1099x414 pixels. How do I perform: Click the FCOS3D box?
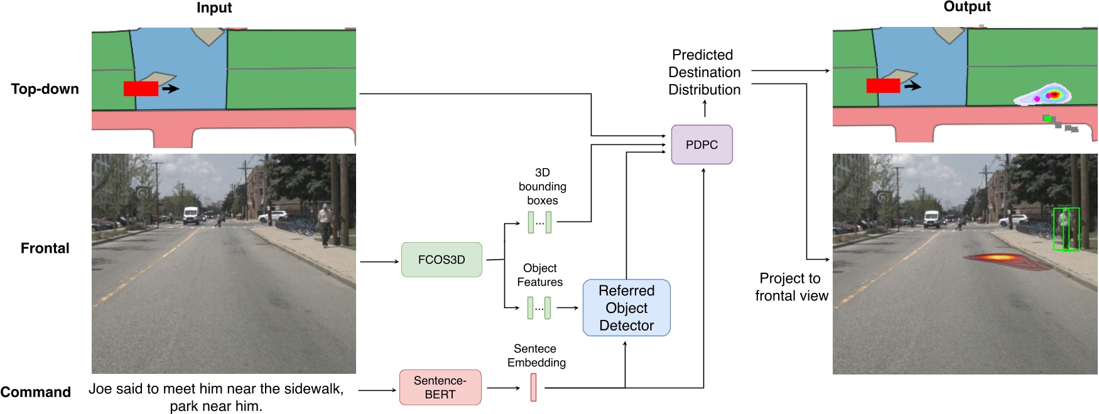click(x=441, y=260)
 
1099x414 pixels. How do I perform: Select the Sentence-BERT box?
click(x=440, y=387)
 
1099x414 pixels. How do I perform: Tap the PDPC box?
click(x=701, y=144)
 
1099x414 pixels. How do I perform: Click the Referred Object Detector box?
click(x=627, y=308)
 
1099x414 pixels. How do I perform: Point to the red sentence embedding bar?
click(x=533, y=387)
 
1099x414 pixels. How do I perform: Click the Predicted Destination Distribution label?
click(x=704, y=72)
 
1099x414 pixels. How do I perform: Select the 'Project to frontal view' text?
click(x=791, y=287)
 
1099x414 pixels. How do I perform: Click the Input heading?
click(x=214, y=8)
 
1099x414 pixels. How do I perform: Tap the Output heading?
click(x=967, y=7)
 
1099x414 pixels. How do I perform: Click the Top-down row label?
click(x=45, y=89)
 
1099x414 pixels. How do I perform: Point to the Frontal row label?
click(x=45, y=248)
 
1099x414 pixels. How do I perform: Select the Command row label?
click(x=36, y=392)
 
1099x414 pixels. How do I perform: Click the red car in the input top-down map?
click(x=141, y=88)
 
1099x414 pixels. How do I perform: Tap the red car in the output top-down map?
click(x=883, y=85)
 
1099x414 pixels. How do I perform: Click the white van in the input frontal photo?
click(x=192, y=215)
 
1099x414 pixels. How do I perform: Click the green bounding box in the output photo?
click(x=1066, y=230)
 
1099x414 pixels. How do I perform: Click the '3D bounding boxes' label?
click(x=543, y=186)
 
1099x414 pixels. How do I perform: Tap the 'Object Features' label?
click(x=540, y=275)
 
